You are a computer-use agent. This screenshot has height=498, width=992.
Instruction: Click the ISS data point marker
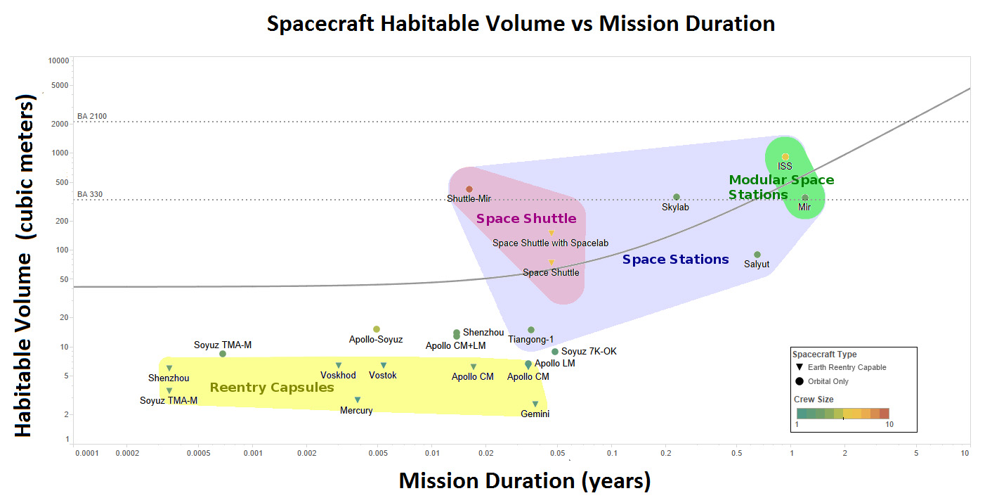click(785, 157)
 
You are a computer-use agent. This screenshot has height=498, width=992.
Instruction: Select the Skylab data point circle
click(677, 197)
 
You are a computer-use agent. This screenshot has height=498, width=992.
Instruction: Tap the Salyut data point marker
click(757, 255)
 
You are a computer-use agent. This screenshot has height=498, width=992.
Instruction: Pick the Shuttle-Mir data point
click(469, 189)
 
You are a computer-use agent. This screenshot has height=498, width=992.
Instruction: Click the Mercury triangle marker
click(358, 400)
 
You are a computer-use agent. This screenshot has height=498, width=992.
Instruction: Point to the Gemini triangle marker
click(535, 404)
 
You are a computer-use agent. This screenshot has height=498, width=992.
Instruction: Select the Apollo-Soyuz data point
click(377, 329)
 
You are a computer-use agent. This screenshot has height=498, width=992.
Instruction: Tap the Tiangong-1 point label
click(530, 339)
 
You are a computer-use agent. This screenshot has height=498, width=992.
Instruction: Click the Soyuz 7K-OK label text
click(589, 351)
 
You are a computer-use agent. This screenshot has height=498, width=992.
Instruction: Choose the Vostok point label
click(383, 375)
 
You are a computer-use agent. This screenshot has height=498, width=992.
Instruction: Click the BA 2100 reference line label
click(92, 116)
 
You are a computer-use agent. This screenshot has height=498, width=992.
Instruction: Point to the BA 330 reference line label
click(90, 194)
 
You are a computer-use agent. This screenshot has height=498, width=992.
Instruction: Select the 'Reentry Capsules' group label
click(272, 388)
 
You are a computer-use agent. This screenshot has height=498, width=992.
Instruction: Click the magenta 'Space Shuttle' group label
click(526, 219)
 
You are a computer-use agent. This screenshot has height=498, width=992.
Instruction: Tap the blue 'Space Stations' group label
click(675, 260)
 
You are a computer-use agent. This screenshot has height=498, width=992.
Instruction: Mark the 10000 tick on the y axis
click(58, 60)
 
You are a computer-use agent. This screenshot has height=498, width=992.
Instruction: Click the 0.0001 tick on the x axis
click(87, 453)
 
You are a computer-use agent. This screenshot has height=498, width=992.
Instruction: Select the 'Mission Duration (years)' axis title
click(525, 481)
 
